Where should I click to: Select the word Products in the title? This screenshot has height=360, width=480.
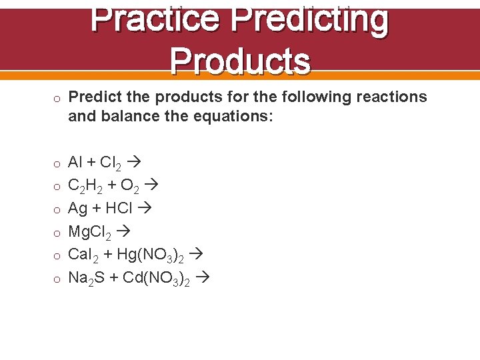point(240,61)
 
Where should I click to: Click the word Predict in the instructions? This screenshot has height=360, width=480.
point(94,97)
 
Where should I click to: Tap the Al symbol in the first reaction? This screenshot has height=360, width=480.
point(75,162)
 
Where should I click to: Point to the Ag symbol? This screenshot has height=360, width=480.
point(78,209)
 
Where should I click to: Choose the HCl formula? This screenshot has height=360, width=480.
point(120,209)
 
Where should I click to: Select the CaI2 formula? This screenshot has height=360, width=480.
point(83,255)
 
